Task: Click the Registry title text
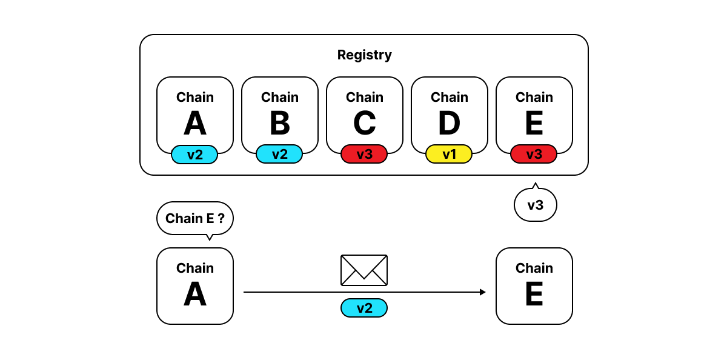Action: tap(364, 55)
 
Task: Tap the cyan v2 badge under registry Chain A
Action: tap(194, 155)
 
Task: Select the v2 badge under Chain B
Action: tap(279, 154)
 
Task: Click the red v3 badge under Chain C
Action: tap(364, 154)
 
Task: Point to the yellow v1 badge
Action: tap(449, 154)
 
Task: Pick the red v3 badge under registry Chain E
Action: tap(534, 154)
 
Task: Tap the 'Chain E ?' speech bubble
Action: tap(194, 218)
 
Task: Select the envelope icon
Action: tap(364, 270)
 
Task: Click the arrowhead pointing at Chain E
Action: tap(483, 292)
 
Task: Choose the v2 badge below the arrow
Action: tap(364, 308)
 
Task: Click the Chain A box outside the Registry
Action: tap(194, 286)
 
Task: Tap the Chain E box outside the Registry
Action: tap(534, 286)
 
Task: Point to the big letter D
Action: tap(450, 123)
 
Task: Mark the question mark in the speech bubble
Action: tap(221, 218)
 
